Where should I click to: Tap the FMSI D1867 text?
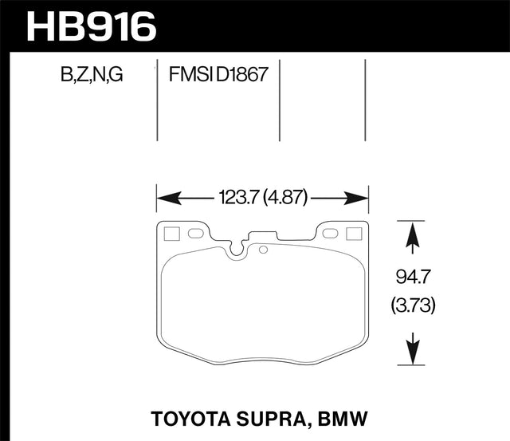(x=217, y=76)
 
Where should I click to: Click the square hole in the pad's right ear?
(x=355, y=234)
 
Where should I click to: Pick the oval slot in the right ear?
(x=328, y=234)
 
